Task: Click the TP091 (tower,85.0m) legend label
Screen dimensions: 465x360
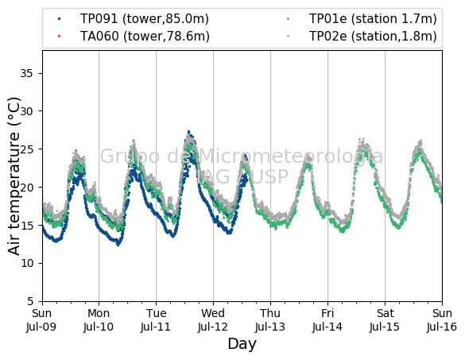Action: [x=145, y=19]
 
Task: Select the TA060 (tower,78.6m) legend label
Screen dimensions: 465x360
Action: [x=145, y=37]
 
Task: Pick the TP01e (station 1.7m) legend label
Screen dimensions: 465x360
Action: [x=373, y=19]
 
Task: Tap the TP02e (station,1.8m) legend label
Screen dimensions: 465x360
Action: [x=373, y=37]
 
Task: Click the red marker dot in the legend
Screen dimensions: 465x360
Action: [x=60, y=37]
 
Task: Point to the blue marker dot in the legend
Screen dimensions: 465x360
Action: [x=60, y=19]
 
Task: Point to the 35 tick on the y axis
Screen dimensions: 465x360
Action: [x=26, y=73]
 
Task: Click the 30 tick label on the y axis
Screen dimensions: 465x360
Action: [x=26, y=111]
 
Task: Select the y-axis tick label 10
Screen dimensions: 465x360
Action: [x=27, y=263]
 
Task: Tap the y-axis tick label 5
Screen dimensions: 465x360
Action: [x=30, y=301]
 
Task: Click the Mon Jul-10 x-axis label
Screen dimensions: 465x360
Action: [x=99, y=320]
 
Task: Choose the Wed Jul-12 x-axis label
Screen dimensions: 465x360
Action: [x=213, y=320]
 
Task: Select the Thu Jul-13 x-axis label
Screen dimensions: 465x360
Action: [x=270, y=320]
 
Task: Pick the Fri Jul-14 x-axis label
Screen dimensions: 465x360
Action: [x=327, y=320]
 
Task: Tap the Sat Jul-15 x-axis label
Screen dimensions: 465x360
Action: [x=385, y=320]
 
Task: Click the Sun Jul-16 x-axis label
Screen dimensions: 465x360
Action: [x=442, y=320]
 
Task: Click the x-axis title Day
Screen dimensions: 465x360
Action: [x=242, y=344]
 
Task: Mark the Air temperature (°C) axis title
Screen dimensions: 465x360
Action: [x=14, y=176]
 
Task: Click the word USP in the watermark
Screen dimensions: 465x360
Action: [x=270, y=176]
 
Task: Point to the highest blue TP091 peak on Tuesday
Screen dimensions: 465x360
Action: [x=188, y=132]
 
